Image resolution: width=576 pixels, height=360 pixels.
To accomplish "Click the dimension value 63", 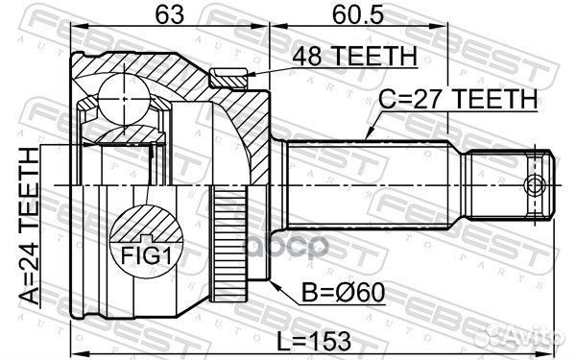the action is coord(169,15).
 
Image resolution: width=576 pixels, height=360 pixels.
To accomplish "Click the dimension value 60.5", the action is coord(357,15).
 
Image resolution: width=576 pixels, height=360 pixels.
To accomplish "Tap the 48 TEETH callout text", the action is coord(354,57).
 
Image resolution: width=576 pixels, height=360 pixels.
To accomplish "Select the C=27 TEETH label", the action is coord(458,99).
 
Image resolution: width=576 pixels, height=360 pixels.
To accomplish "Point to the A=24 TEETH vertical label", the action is coord(29,226).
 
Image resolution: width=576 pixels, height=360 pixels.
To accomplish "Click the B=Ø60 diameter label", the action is coord(343,293).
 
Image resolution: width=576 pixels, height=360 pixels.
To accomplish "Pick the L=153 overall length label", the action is coord(313,341).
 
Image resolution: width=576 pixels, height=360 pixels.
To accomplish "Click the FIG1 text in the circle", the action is coord(146,255).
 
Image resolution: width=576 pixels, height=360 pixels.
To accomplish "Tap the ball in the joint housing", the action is coord(124,99).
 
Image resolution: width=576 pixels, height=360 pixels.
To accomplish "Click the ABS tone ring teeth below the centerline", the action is coord(229,244).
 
